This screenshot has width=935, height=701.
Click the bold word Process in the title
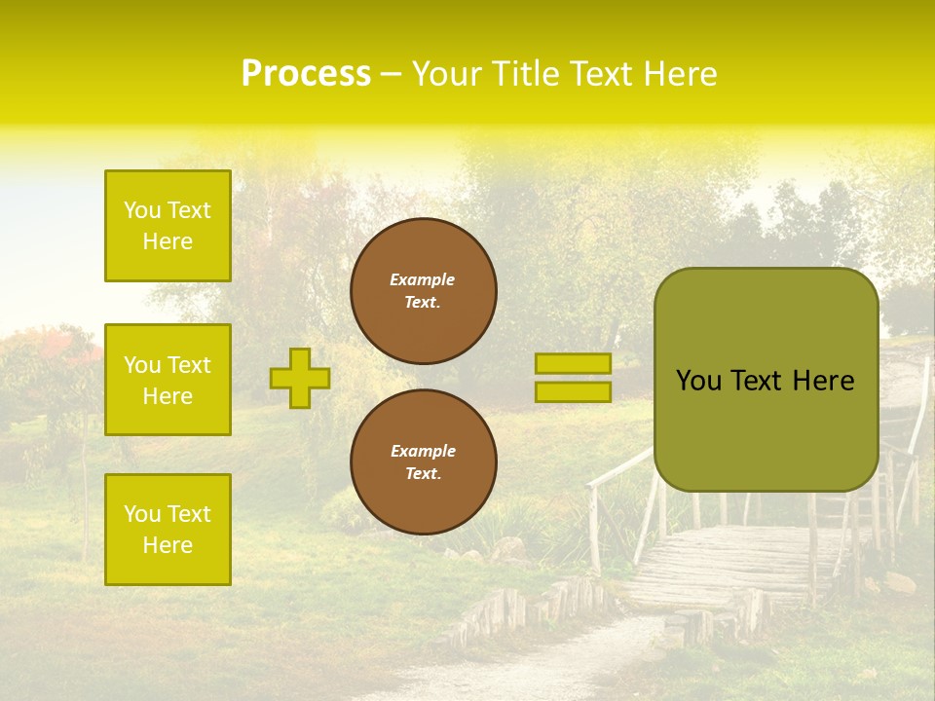[306, 74]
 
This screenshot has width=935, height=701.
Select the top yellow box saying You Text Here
[168, 226]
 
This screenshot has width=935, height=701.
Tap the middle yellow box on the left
[168, 380]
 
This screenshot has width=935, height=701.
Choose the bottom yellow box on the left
[168, 530]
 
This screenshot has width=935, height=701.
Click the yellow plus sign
[300, 378]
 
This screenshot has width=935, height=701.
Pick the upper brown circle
[423, 291]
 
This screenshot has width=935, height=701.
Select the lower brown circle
[423, 461]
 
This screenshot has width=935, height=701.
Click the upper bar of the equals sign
[573, 363]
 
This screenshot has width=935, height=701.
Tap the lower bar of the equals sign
[573, 392]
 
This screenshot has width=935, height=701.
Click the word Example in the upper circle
[423, 279]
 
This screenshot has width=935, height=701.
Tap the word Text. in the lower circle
[423, 473]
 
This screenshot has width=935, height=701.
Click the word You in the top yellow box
[142, 210]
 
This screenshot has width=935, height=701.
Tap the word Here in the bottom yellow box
[168, 545]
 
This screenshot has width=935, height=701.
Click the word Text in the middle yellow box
[188, 365]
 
